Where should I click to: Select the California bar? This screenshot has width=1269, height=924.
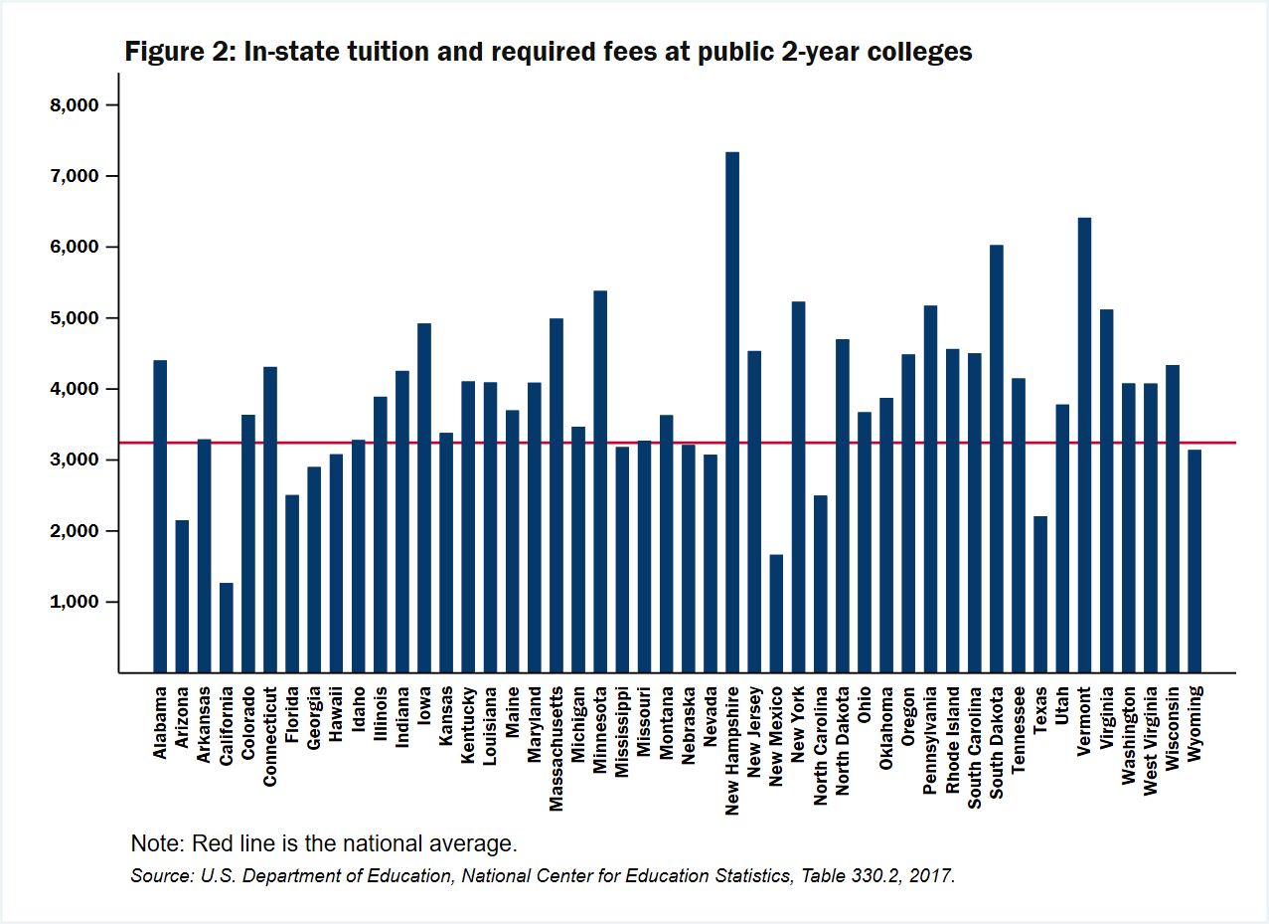click(227, 628)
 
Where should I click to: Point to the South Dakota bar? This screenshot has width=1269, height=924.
click(997, 459)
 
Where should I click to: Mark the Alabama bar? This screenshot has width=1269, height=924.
click(160, 516)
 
